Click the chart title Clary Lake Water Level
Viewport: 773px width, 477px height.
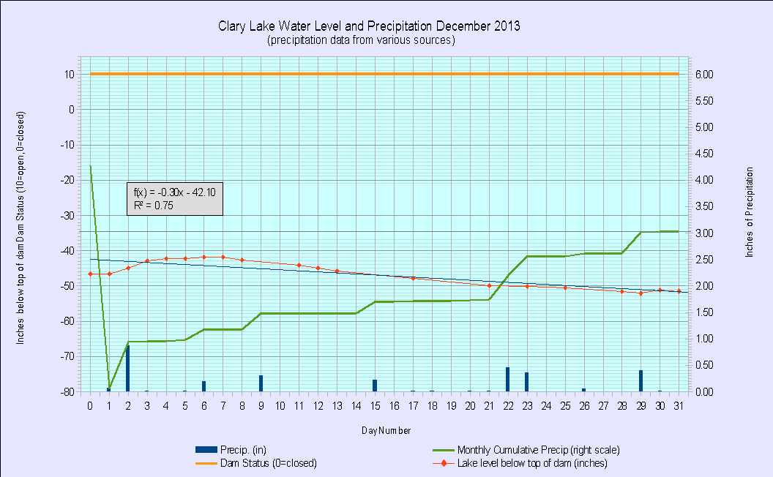pyautogui.click(x=369, y=26)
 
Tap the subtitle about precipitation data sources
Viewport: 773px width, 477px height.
pyautogui.click(x=362, y=40)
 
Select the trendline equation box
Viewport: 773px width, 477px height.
pyautogui.click(x=174, y=199)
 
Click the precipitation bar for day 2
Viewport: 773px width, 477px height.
pyautogui.click(x=127, y=368)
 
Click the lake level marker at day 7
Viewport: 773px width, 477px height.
pyautogui.click(x=223, y=258)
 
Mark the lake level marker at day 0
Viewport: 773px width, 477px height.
pyautogui.click(x=90, y=274)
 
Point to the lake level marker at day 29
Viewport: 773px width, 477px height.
pyautogui.click(x=641, y=293)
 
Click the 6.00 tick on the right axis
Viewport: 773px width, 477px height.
pyautogui.click(x=703, y=75)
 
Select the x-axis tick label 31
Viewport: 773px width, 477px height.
pyautogui.click(x=679, y=405)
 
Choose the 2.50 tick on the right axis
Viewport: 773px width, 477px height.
pyautogui.click(x=703, y=260)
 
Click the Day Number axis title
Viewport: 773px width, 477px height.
pyautogui.click(x=385, y=431)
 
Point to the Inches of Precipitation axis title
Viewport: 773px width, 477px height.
pyautogui.click(x=749, y=212)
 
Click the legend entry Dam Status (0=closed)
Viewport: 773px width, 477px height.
pyautogui.click(x=270, y=463)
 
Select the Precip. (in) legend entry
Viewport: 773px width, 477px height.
pyautogui.click(x=241, y=450)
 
